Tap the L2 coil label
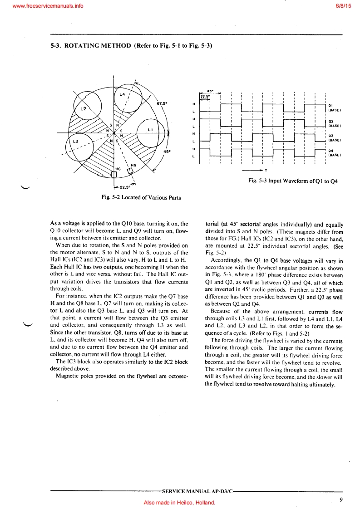[83, 109]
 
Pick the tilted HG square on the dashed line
[130, 171]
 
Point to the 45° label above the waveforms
[210, 91]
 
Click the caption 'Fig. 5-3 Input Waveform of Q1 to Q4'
[293, 181]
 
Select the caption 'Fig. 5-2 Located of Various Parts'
[141, 197]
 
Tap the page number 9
[340, 500]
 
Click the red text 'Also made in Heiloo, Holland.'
[179, 503]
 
